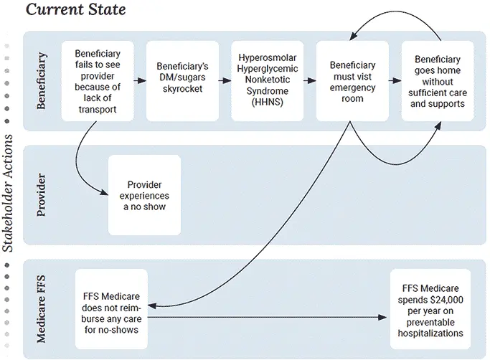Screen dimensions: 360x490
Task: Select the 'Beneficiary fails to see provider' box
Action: point(97,81)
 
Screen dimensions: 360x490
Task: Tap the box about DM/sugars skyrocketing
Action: point(182,81)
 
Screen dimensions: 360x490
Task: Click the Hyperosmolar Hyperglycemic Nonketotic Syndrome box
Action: point(267,81)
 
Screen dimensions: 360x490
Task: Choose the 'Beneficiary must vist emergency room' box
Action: point(352,81)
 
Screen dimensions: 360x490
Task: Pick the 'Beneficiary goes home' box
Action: point(438,81)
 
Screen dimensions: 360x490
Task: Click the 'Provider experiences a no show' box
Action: point(143,195)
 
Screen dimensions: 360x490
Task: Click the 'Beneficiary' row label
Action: point(41,81)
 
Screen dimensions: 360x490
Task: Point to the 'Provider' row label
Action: point(41,195)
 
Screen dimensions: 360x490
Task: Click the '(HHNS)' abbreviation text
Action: point(267,104)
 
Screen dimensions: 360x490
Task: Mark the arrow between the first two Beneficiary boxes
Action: point(140,81)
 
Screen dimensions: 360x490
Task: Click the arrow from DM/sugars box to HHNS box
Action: point(225,81)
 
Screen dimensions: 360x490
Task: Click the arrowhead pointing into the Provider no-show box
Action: point(105,194)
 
